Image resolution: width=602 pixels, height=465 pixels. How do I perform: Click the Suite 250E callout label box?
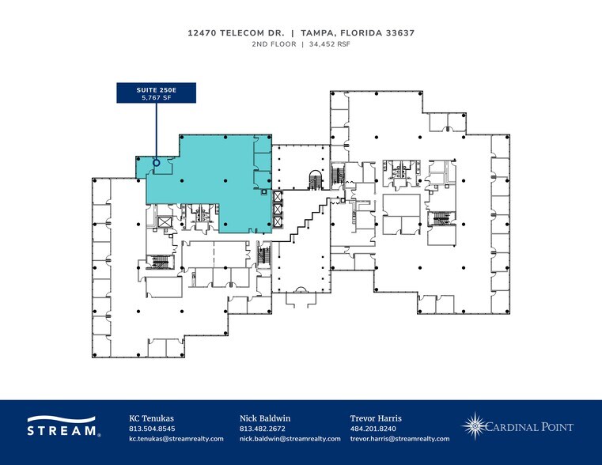pos(156,92)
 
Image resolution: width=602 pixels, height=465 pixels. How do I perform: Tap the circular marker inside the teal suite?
pos(157,163)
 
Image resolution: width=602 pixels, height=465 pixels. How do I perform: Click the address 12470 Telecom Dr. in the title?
pos(235,33)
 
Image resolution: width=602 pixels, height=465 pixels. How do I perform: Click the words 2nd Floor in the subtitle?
pos(274,45)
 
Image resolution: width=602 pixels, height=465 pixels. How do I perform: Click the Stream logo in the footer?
pos(63,426)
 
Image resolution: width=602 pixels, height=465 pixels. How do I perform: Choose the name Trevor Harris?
pos(376,418)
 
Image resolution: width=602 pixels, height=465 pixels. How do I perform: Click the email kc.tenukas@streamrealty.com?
pos(176,438)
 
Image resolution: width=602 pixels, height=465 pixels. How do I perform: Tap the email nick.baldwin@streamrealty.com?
pos(290,438)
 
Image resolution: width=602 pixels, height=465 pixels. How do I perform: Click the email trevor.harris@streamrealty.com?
pos(399,438)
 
